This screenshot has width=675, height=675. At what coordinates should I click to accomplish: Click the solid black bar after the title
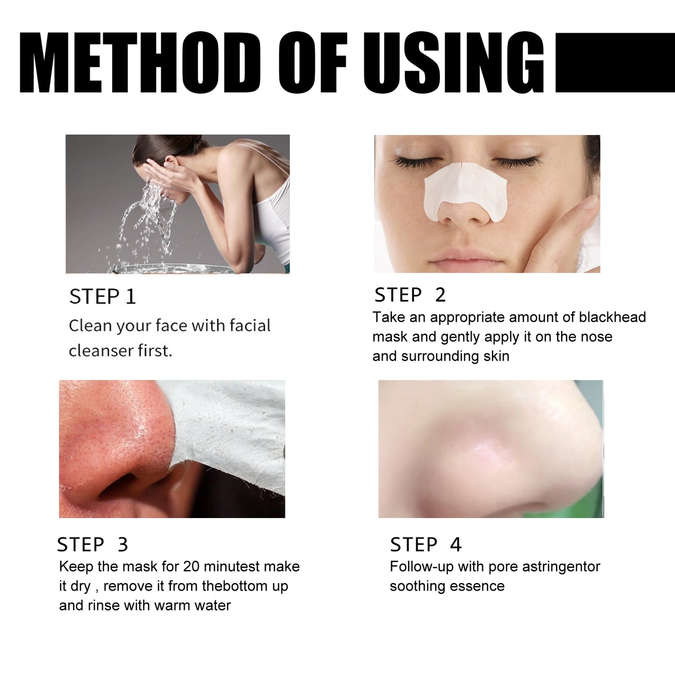coord(615,63)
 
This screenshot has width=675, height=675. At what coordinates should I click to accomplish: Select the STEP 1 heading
coord(102,297)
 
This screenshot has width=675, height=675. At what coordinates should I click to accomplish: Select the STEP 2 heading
coord(410,295)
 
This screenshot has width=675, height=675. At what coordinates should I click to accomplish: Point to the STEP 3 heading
coord(92,544)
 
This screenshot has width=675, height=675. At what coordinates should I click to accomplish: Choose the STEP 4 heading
coord(426,544)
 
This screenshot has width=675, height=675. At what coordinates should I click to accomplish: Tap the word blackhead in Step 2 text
coord(612,317)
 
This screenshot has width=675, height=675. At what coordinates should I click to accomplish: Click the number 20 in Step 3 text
coord(191,567)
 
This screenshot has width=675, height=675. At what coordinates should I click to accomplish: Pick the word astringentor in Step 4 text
coord(561,567)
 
